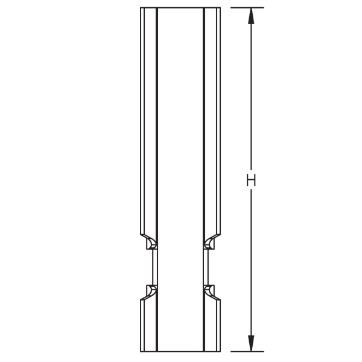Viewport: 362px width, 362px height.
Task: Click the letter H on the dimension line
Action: [251, 180]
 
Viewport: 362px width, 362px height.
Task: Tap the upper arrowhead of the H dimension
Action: [251, 16]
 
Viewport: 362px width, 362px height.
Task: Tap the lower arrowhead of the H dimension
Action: [251, 343]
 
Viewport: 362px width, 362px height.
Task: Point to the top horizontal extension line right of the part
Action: [247, 8]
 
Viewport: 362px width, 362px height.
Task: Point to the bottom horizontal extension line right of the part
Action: [247, 352]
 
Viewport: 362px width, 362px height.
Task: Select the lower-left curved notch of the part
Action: [151, 290]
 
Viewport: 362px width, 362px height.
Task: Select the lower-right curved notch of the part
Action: [209, 290]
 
